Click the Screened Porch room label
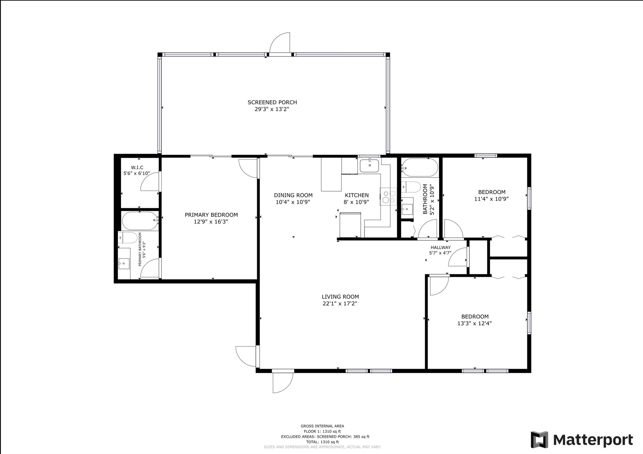(272, 102)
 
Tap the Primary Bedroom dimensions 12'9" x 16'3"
(211, 222)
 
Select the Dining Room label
(293, 195)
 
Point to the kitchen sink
(370, 166)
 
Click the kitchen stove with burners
(388, 197)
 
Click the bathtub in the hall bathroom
(420, 168)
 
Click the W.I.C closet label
(137, 168)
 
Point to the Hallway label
(440, 248)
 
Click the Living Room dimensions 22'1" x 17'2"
(340, 303)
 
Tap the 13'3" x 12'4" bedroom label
(474, 323)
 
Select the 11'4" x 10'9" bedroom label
(491, 199)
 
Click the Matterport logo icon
(539, 440)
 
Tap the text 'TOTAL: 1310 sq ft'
(322, 442)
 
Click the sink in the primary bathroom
(124, 263)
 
